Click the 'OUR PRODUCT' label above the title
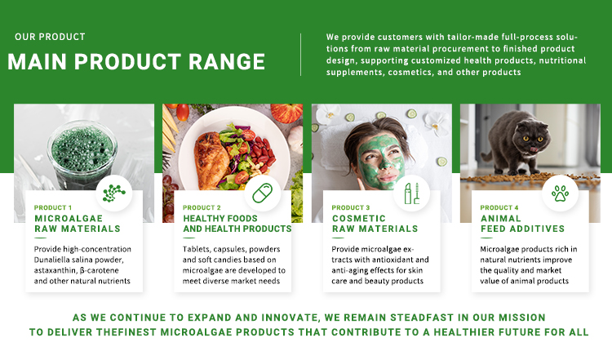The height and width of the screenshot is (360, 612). (50, 37)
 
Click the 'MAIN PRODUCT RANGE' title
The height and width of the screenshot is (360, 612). (136, 63)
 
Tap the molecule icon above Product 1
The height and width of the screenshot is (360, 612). (113, 193)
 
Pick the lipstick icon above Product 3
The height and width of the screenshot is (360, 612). (411, 193)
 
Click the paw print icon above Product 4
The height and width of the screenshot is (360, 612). (561, 193)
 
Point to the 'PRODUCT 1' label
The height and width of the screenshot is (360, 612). (53, 208)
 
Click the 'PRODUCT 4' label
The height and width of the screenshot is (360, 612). (499, 208)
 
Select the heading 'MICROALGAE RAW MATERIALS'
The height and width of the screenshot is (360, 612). (77, 224)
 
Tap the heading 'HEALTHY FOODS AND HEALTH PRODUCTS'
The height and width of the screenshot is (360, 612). (237, 224)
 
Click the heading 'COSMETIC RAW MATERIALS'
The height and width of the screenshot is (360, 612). (375, 224)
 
